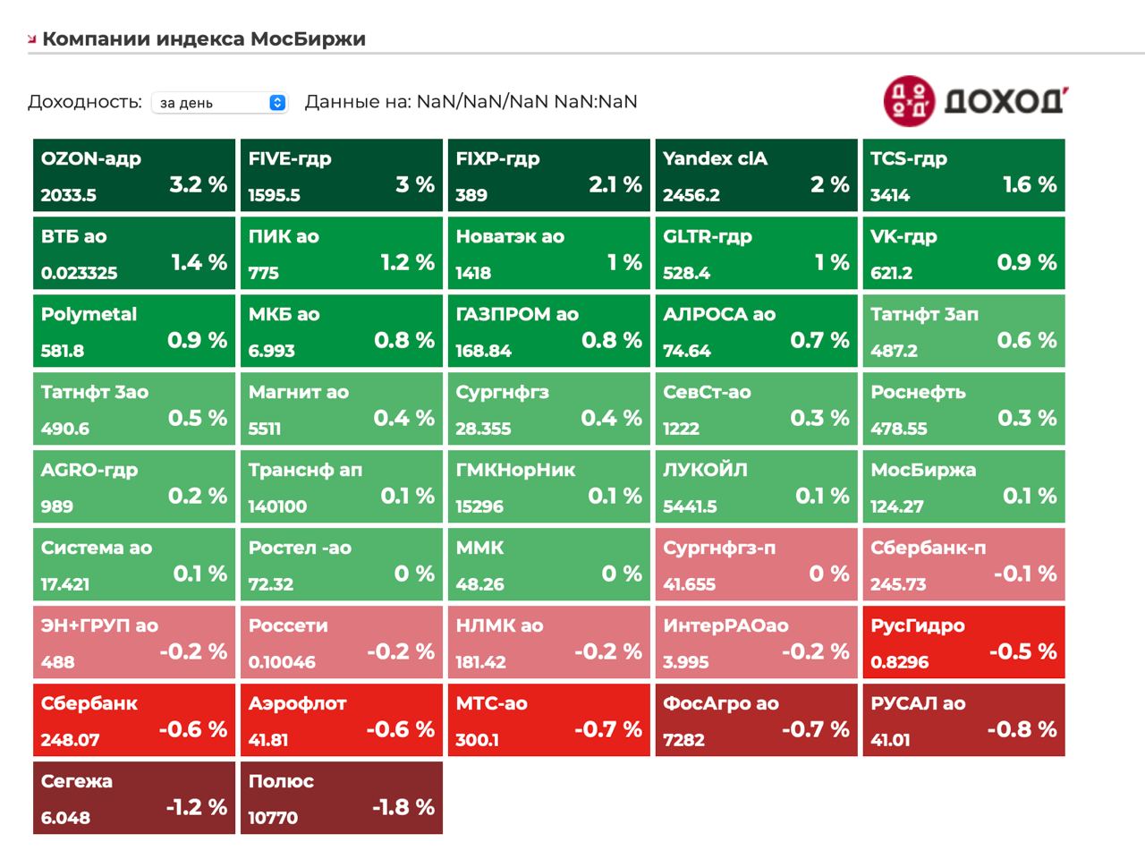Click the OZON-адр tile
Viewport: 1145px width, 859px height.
tap(134, 175)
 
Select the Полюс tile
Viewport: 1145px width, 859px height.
tap(342, 798)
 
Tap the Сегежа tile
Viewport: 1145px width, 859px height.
tap(134, 798)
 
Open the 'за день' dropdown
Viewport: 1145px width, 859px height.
tap(219, 103)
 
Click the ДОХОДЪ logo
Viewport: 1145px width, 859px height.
tap(976, 99)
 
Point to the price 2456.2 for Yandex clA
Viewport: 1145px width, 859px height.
tap(691, 195)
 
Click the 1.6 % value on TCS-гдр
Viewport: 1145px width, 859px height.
tap(1030, 184)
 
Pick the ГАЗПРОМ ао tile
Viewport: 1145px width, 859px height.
tap(549, 331)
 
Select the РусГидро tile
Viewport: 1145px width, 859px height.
tap(964, 642)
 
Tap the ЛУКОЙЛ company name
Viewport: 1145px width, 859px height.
tap(705, 470)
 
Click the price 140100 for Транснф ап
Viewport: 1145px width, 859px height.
tap(277, 506)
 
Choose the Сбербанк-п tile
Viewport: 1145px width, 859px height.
tap(964, 565)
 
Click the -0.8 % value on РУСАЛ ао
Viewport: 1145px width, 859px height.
tap(1022, 729)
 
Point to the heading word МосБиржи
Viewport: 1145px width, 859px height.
tap(308, 39)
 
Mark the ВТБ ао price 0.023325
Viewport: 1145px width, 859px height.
tap(79, 273)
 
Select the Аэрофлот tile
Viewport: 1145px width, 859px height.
tap(342, 720)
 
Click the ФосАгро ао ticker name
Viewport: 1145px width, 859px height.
tap(721, 703)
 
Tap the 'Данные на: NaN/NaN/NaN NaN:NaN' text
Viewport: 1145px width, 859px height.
tap(471, 102)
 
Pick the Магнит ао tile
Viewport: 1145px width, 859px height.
tap(342, 409)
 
